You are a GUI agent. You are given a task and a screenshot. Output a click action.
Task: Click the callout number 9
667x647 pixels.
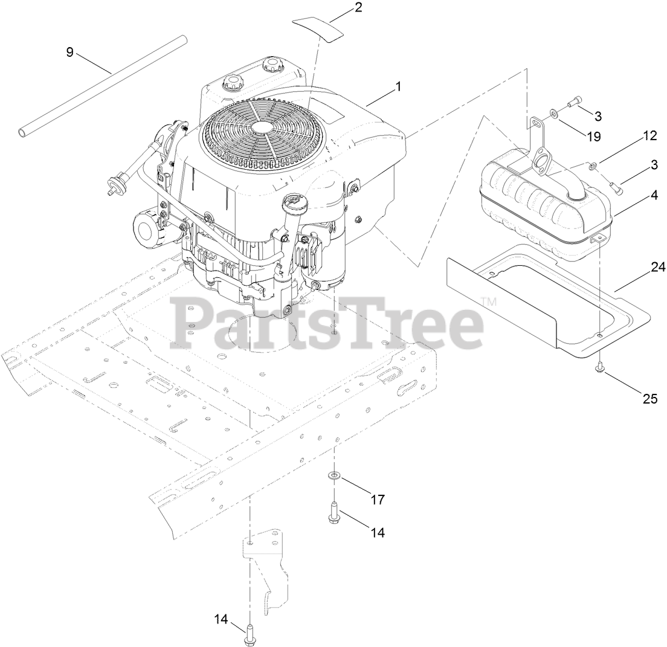pyautogui.click(x=70, y=53)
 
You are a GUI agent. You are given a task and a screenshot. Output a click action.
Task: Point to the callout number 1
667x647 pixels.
pyautogui.click(x=398, y=87)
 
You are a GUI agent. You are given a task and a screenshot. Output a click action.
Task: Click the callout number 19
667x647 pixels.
pyautogui.click(x=594, y=137)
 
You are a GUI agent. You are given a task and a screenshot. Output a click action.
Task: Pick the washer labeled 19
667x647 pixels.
pyautogui.click(x=554, y=113)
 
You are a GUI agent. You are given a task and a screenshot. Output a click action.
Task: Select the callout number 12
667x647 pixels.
pyautogui.click(x=649, y=136)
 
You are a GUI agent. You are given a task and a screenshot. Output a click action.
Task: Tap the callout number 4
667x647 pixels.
pyautogui.click(x=653, y=196)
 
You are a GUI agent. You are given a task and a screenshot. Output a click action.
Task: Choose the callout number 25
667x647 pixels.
pyautogui.click(x=649, y=399)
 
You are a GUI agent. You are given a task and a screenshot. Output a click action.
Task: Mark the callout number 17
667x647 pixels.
pyautogui.click(x=378, y=500)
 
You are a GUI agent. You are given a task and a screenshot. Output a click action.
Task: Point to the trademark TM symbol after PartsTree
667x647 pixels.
pyautogui.click(x=489, y=301)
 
